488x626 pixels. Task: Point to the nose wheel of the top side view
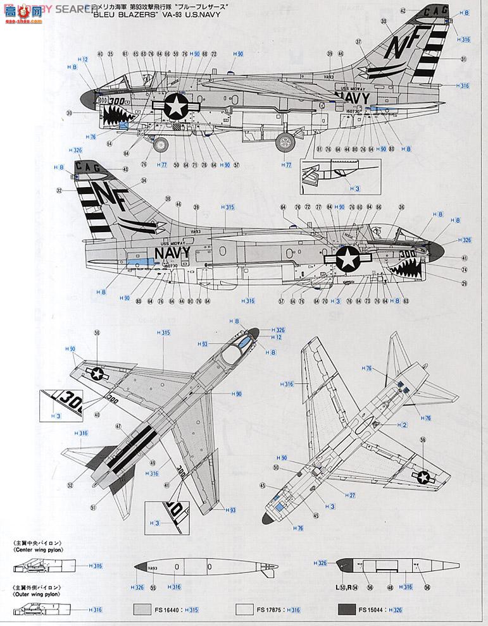161,144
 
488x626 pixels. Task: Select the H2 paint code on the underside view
401,424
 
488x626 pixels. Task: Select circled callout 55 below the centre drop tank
153,588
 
